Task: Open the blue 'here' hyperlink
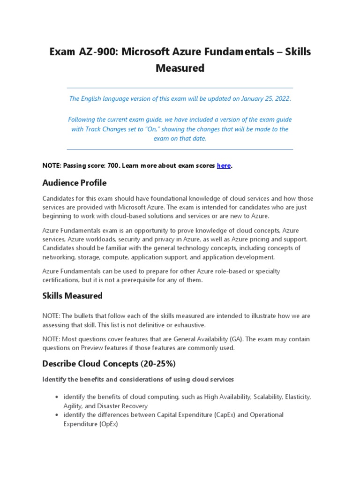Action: click(x=224, y=165)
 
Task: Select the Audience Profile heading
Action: click(x=74, y=182)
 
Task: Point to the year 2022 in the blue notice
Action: click(x=281, y=98)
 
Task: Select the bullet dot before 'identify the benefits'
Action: click(x=57, y=397)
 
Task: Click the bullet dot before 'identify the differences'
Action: click(x=57, y=415)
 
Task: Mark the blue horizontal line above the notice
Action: click(x=180, y=88)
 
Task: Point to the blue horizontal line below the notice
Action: click(x=180, y=150)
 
